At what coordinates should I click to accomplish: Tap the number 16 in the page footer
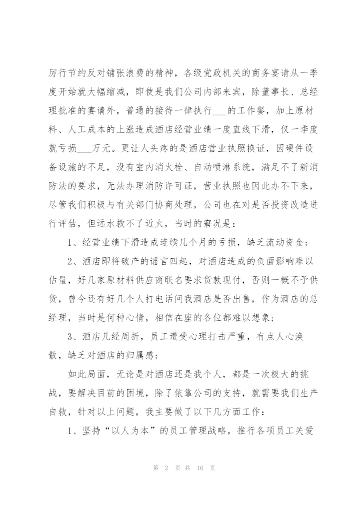click(199, 468)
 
